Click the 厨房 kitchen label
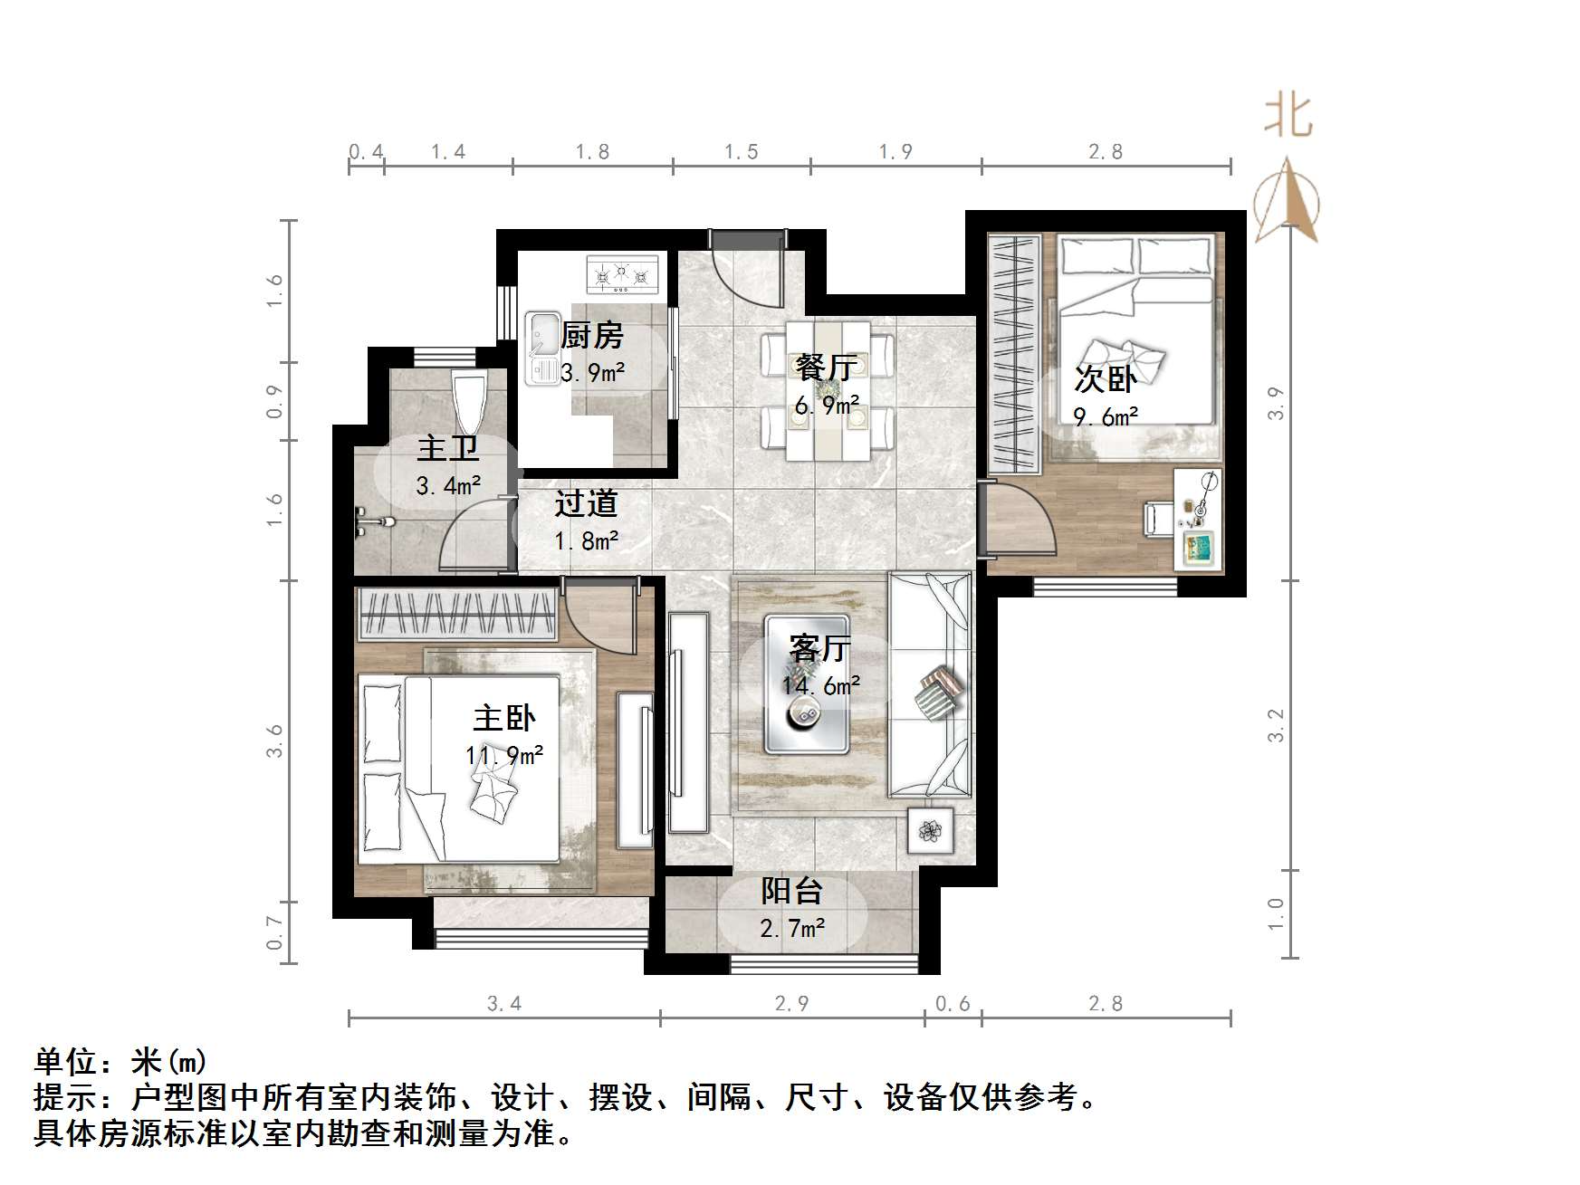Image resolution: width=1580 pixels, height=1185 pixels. click(592, 336)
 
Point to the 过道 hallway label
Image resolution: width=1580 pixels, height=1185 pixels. click(586, 503)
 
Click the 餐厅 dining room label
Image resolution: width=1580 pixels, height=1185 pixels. click(826, 368)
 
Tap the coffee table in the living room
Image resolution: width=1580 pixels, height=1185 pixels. click(806, 685)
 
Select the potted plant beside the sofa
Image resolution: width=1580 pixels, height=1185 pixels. click(931, 830)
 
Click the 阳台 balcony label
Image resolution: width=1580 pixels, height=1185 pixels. click(791, 892)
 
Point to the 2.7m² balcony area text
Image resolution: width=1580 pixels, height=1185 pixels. click(792, 928)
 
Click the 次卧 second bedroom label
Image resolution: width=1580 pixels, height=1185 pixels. click(1105, 378)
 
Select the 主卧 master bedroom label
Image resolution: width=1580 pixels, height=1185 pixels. click(504, 719)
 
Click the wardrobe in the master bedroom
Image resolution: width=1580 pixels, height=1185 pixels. click(456, 614)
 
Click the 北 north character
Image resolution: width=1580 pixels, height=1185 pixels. click(1288, 117)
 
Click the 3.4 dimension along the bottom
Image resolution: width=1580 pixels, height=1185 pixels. click(503, 1003)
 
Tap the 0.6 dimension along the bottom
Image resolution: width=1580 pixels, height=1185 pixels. click(952, 1003)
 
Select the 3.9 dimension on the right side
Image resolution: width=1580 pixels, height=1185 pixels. click(1275, 403)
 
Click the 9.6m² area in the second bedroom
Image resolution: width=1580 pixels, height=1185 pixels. click(1106, 416)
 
